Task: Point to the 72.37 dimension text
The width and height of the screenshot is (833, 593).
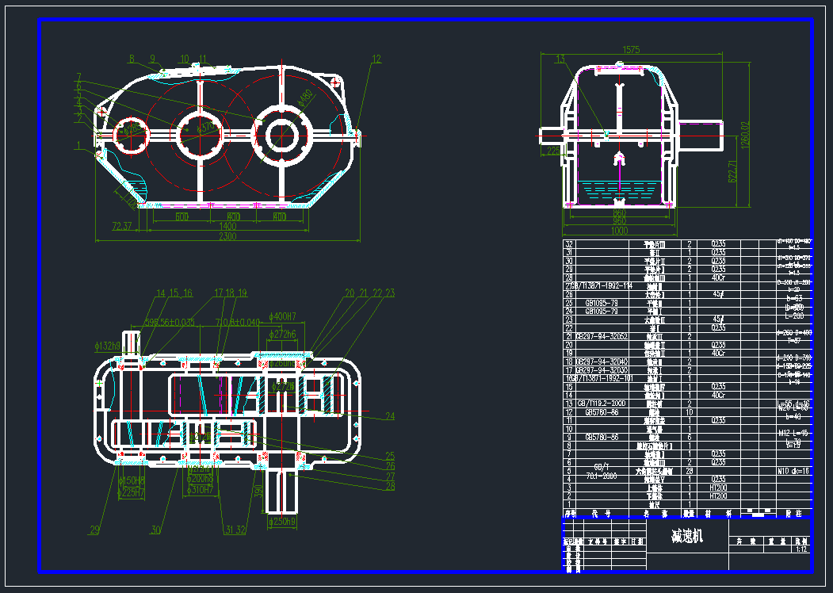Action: [x=122, y=227]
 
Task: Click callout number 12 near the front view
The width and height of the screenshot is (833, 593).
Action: [x=376, y=59]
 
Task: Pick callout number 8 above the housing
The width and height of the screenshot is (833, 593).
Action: [x=132, y=59]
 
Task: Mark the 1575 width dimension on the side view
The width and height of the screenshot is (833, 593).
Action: [x=631, y=49]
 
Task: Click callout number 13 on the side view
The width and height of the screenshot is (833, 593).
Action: [x=560, y=59]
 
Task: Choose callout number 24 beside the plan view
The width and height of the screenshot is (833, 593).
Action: [x=389, y=415]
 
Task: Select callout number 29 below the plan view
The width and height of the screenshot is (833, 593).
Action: [x=95, y=530]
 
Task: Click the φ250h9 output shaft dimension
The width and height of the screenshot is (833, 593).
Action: [x=283, y=522]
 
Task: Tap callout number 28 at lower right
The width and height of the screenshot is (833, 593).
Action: [x=389, y=486]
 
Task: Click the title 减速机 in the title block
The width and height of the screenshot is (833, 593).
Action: [x=686, y=536]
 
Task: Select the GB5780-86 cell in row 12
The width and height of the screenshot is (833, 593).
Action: [x=602, y=412]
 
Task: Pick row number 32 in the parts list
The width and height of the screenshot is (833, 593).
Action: [x=567, y=244]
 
